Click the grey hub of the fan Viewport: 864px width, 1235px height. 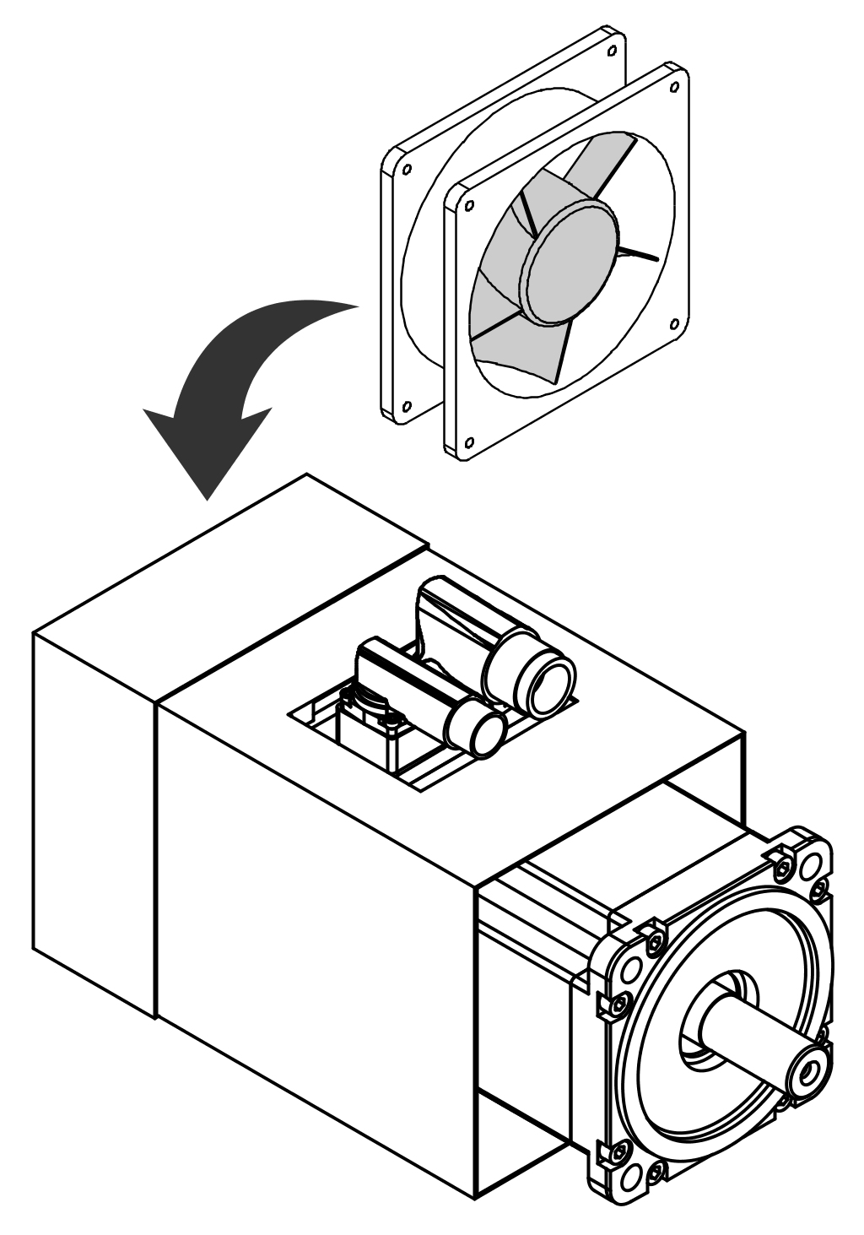point(570,262)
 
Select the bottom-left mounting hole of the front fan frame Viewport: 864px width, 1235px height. point(469,440)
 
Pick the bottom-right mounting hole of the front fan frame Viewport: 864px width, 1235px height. point(673,322)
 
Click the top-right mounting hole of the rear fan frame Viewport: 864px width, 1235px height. point(610,49)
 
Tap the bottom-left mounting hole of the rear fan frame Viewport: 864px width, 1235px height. point(406,404)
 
